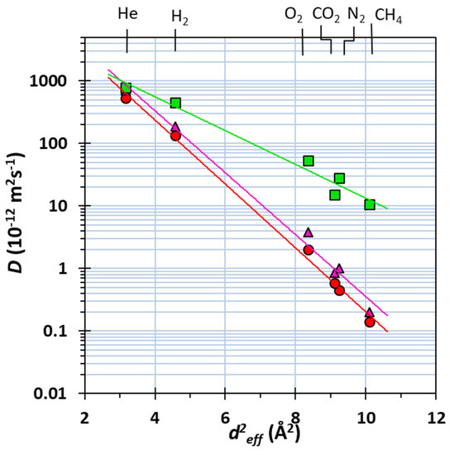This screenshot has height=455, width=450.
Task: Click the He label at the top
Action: click(127, 13)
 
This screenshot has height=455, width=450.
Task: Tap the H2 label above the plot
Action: click(180, 17)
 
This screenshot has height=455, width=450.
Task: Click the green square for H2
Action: click(175, 103)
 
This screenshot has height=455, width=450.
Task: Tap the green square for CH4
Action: click(370, 204)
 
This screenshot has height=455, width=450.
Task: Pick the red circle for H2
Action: click(175, 136)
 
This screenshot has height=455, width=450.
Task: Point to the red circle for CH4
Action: click(370, 322)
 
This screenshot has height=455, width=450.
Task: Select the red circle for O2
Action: click(309, 250)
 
